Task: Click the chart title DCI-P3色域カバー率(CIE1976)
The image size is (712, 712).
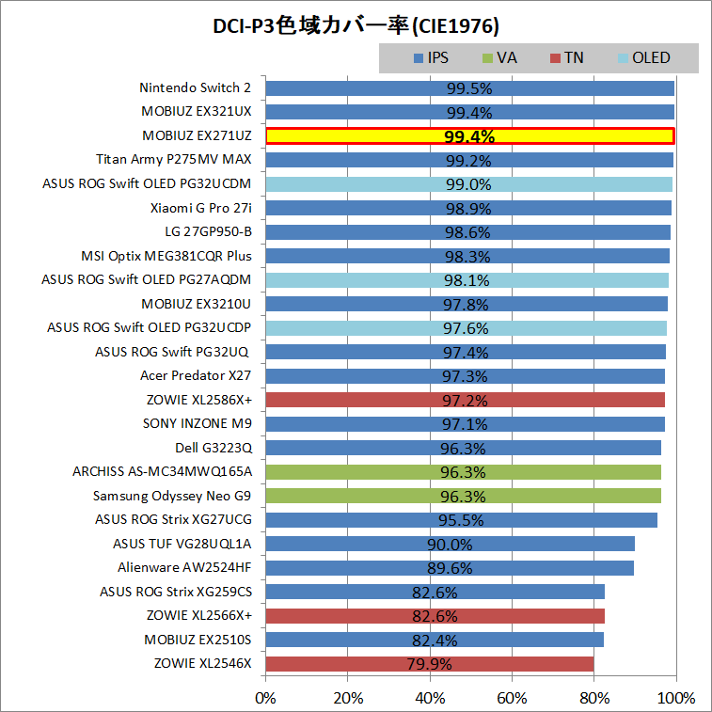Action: click(x=356, y=24)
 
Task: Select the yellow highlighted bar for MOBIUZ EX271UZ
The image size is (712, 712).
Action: click(x=469, y=136)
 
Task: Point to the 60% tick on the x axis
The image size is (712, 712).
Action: click(x=512, y=699)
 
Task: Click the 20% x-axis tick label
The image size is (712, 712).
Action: click(x=348, y=699)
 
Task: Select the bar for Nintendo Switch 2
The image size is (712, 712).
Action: click(x=469, y=88)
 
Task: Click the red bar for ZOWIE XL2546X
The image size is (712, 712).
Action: click(x=429, y=664)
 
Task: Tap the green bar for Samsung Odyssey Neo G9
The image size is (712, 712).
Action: click(x=463, y=496)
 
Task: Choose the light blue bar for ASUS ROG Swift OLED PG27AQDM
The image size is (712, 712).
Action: click(x=467, y=280)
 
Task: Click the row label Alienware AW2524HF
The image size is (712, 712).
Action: click(x=184, y=568)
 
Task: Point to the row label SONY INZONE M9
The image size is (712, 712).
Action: click(x=197, y=424)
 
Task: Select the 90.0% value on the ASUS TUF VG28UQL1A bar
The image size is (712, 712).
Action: click(x=450, y=545)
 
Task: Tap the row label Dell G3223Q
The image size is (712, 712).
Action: click(x=213, y=448)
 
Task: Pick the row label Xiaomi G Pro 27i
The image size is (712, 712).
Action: click(x=200, y=208)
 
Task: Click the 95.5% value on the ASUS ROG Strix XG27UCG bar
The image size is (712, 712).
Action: click(x=461, y=520)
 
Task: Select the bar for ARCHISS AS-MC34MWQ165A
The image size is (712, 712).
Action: click(x=463, y=472)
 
